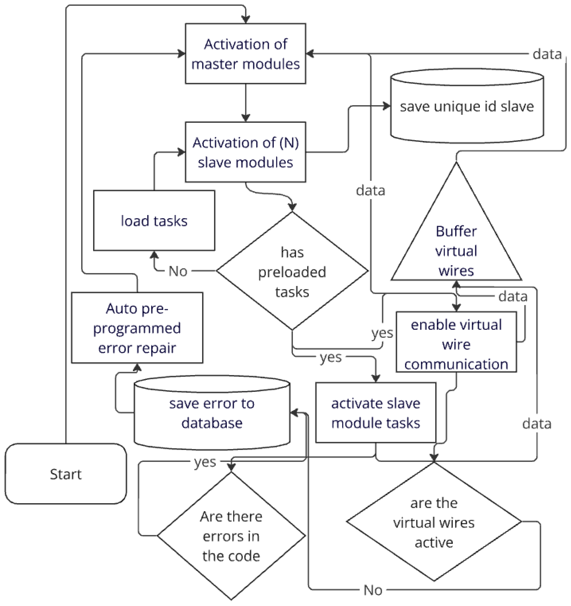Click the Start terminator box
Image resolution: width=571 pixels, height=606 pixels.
point(66,474)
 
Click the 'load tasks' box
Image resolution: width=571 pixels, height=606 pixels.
point(154,221)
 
